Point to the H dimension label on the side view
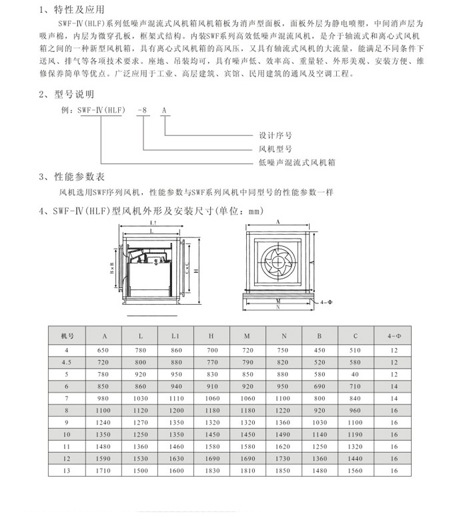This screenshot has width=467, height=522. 196,271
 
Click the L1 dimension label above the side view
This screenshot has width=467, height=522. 153,222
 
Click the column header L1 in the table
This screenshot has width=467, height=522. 175,336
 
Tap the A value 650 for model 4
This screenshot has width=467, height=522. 103,350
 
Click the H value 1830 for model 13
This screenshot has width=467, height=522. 211,471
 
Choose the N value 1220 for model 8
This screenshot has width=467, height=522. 284,410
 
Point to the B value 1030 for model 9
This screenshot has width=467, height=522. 320,422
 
